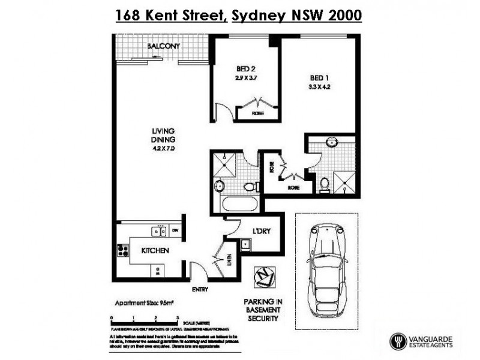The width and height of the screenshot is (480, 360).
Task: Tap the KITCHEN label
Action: pos(154,250)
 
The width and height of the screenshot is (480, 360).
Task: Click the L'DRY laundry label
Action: pos(260,231)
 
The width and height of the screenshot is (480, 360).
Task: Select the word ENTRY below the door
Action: pos(200,290)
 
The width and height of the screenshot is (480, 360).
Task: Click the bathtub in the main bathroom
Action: pos(239,205)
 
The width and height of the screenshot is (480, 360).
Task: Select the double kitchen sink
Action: pos(159,230)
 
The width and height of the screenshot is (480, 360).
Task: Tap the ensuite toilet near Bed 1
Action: pos(325,184)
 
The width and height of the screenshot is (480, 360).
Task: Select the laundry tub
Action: pos(246,244)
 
